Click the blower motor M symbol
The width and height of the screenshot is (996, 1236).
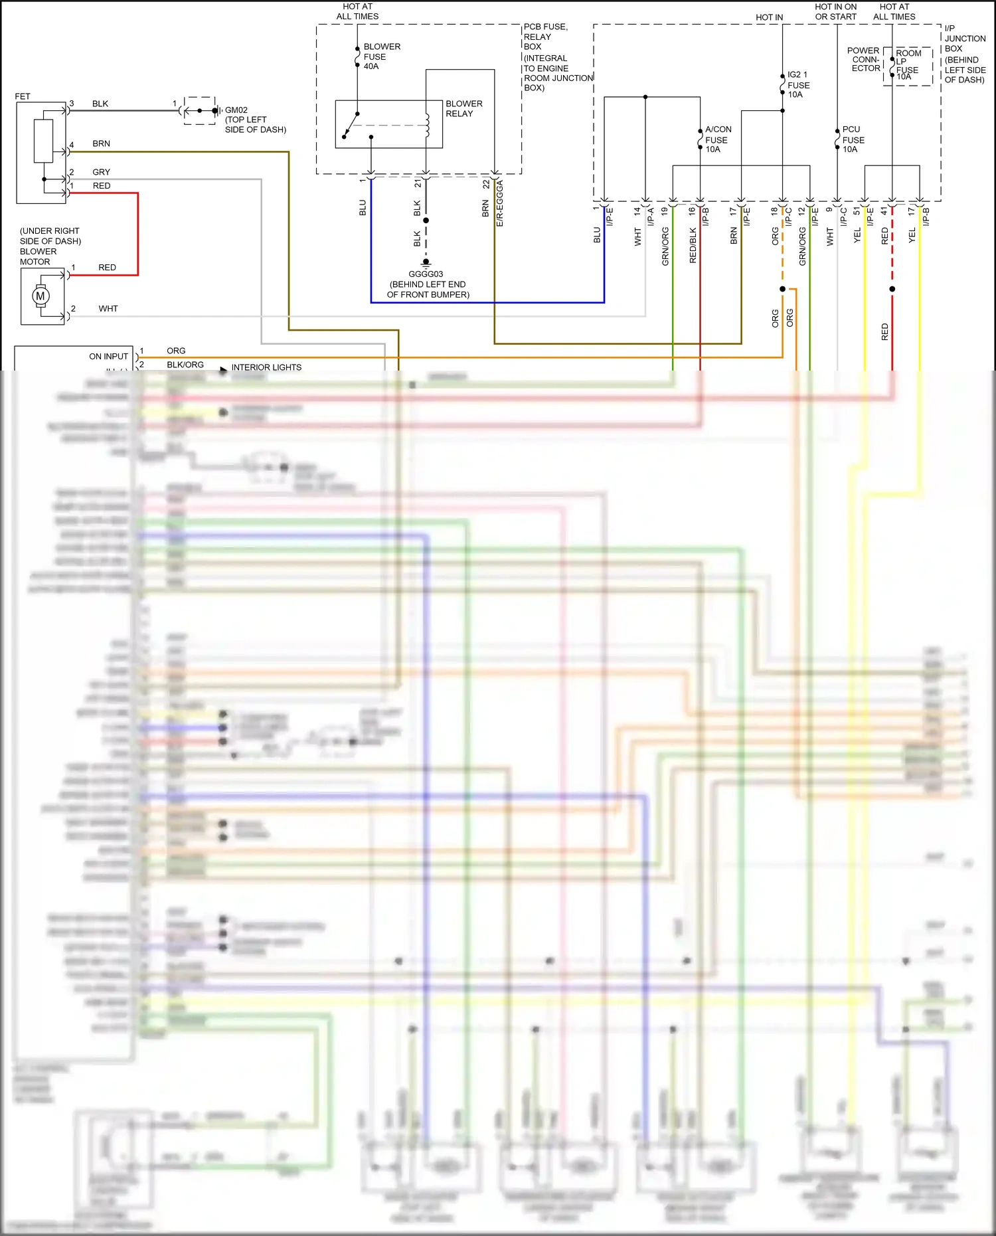(x=41, y=296)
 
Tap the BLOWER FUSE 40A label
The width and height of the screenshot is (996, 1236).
(x=381, y=56)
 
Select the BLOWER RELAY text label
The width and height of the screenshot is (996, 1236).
(x=463, y=108)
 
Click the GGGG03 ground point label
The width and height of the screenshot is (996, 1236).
(x=426, y=274)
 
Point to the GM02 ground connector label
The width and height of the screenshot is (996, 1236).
(x=236, y=110)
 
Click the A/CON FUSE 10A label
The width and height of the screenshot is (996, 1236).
(x=717, y=139)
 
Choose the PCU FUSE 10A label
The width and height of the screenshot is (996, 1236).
(x=853, y=139)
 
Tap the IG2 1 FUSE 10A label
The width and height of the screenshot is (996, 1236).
(x=797, y=84)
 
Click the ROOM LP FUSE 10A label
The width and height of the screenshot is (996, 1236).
(x=908, y=64)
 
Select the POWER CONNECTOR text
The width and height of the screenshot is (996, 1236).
(x=864, y=59)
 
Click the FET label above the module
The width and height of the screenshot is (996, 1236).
(x=23, y=96)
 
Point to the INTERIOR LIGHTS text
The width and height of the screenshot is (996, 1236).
(x=266, y=367)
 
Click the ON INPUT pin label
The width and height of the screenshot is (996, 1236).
(x=108, y=357)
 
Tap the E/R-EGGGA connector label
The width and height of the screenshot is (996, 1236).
(x=500, y=203)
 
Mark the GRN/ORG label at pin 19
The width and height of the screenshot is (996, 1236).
(x=665, y=246)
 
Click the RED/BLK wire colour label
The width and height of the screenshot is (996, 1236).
(x=693, y=246)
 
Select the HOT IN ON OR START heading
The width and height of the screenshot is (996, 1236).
(x=835, y=11)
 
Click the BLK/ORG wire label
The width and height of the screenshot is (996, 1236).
(x=185, y=365)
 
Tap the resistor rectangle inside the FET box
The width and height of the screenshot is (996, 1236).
(x=44, y=141)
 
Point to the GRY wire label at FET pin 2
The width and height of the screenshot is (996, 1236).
(x=101, y=172)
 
